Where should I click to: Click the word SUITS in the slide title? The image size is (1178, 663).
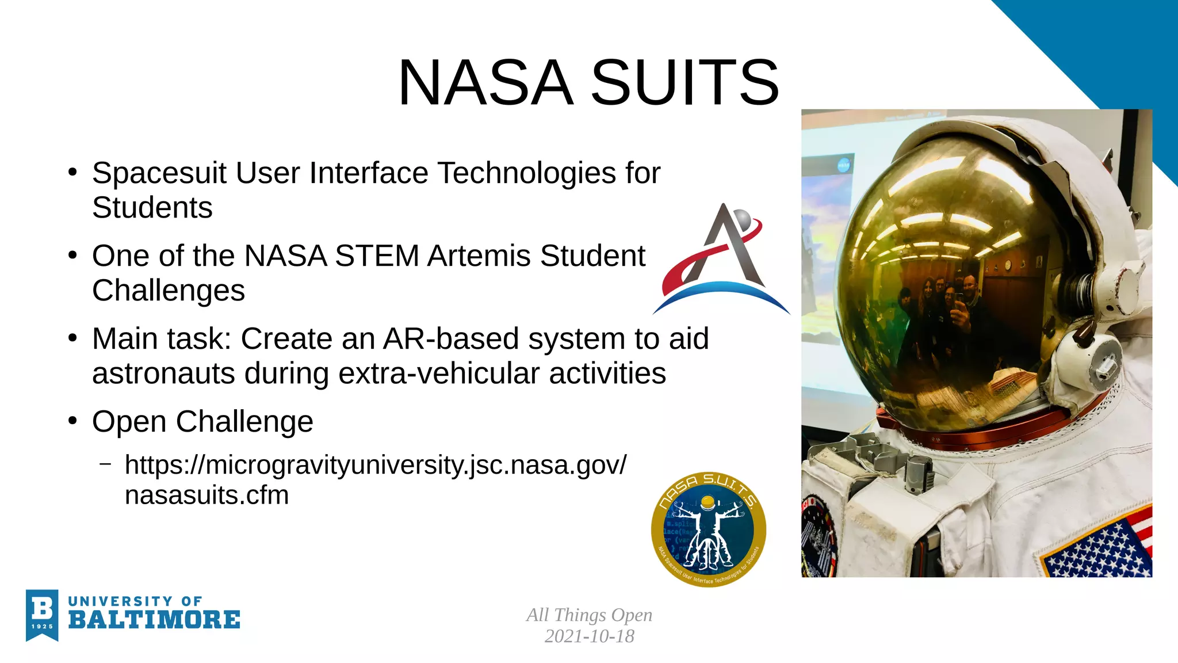[x=685, y=83]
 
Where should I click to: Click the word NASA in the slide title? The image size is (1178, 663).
[x=486, y=83]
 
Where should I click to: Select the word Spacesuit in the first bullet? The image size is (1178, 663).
[x=159, y=173]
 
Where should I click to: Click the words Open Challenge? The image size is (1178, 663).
[x=202, y=422]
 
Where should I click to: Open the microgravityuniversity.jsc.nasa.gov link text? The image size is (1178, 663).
[x=375, y=465]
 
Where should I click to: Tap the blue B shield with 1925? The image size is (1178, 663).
[x=42, y=615]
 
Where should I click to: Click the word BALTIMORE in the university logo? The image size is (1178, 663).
[x=154, y=620]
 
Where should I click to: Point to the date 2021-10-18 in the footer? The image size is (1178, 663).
[x=589, y=637]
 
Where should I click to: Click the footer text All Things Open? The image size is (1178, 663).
[x=589, y=615]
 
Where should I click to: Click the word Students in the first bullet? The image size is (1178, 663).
[x=152, y=208]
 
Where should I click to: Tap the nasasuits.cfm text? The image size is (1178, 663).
[x=206, y=496]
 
